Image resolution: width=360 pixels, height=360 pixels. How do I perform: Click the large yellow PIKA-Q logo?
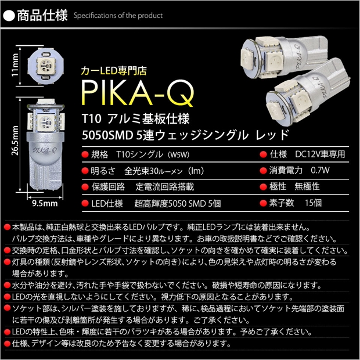[138, 93]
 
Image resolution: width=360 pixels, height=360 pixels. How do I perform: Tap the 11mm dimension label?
[15, 65]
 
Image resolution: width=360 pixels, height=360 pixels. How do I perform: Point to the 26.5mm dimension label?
[15, 141]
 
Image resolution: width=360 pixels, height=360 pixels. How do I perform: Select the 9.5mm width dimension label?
[45, 203]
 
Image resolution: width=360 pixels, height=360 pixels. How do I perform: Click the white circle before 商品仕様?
[9, 16]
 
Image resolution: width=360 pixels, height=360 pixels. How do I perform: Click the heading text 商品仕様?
[42, 16]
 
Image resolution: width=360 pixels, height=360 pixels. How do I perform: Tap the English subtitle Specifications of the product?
[118, 16]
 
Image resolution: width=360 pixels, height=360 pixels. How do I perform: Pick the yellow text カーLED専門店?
[114, 71]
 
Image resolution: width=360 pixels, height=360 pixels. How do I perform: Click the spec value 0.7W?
[320, 170]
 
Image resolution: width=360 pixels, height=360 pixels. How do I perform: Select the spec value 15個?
[313, 203]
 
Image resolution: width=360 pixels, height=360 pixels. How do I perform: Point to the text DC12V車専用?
[320, 154]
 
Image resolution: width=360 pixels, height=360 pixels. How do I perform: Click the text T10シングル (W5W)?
[153, 154]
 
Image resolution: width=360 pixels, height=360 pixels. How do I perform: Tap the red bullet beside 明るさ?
[85, 171]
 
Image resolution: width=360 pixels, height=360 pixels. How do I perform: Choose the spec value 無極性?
[307, 186]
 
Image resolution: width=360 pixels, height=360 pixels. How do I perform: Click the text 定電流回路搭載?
[165, 187]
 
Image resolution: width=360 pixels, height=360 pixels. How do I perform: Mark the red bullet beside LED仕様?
[85, 203]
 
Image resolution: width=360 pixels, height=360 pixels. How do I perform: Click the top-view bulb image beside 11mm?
[46, 65]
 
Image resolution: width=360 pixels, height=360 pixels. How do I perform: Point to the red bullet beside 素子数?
[263, 203]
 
